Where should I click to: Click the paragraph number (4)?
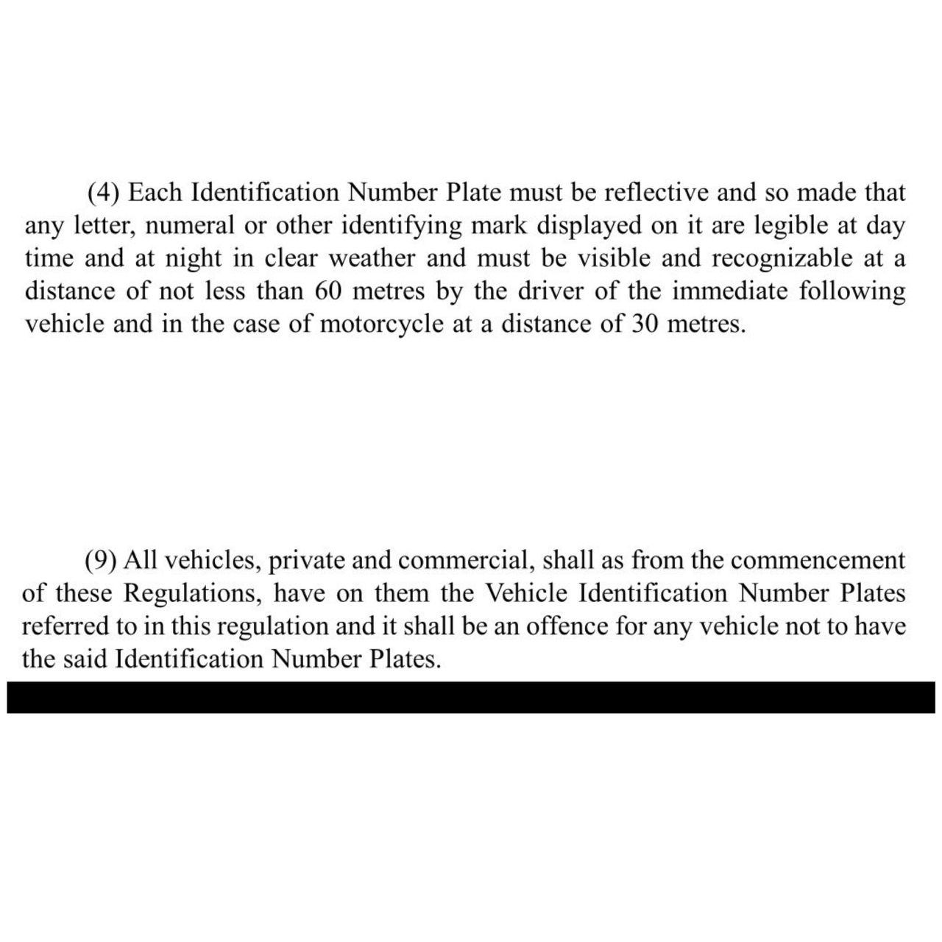point(103,193)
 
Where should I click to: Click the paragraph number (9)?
point(102,561)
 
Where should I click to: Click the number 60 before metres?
point(329,291)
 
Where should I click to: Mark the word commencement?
point(818,561)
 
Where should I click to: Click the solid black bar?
point(471,697)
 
